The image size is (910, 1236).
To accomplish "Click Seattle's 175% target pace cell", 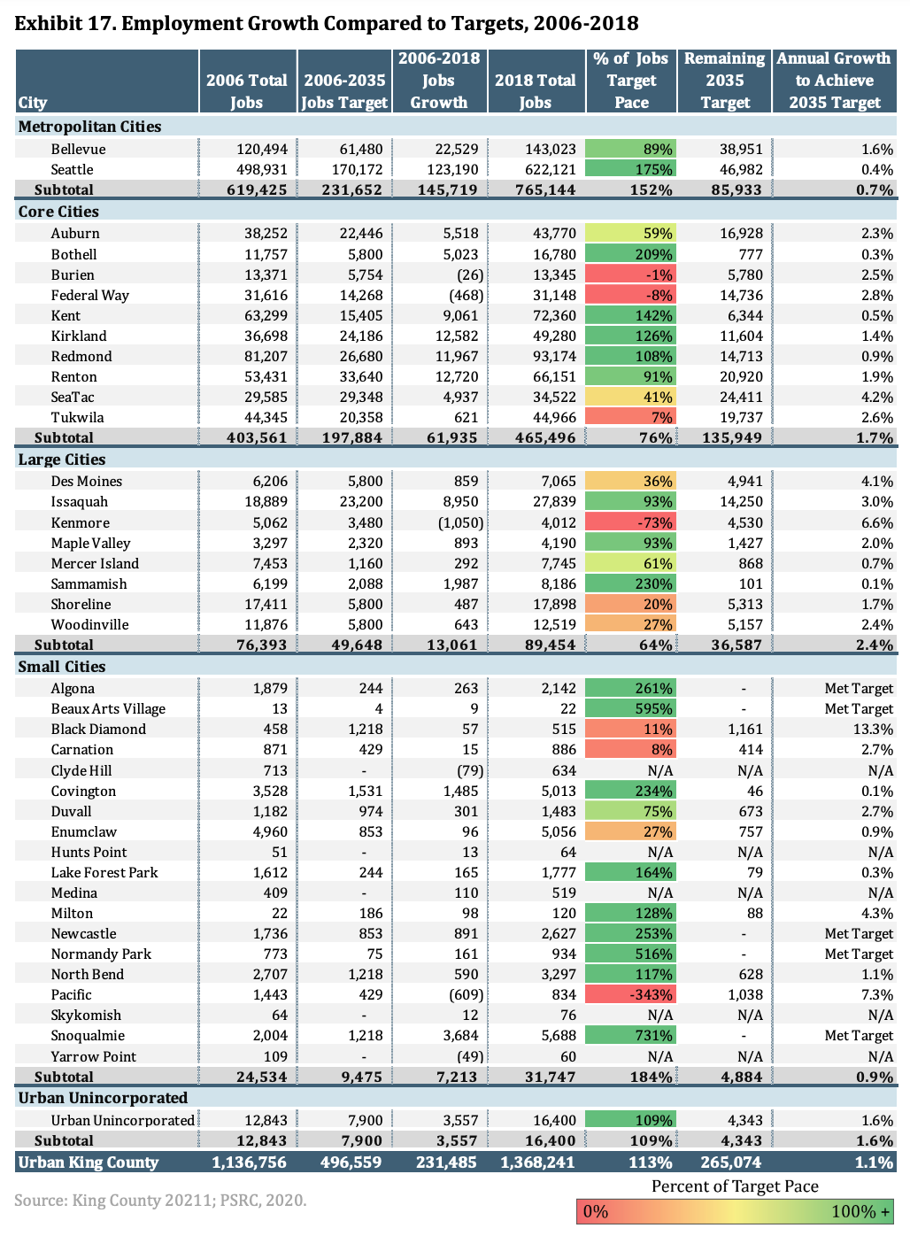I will [x=631, y=169].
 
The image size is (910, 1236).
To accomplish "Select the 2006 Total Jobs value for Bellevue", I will [x=262, y=149].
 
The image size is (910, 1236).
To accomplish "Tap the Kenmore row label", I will [x=81, y=522].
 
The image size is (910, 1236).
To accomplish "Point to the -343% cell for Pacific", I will [x=631, y=994].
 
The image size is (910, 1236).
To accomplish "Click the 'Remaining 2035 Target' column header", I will [x=724, y=81].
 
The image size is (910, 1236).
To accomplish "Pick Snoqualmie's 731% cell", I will [x=631, y=1035].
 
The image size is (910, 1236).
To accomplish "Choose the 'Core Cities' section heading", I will [x=58, y=212].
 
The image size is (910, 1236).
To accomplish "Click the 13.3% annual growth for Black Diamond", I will [x=871, y=729].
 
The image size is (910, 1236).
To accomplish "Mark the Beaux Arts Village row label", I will [x=108, y=708].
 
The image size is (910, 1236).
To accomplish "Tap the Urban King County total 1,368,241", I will [x=537, y=1163].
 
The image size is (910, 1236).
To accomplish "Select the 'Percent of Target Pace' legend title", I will [x=735, y=1186].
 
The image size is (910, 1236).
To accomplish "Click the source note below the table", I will [x=160, y=1201].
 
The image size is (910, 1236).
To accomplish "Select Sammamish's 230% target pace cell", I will [x=631, y=583].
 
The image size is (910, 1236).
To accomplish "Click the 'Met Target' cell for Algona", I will [x=859, y=688].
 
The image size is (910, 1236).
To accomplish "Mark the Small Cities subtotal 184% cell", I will [x=651, y=1077].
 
